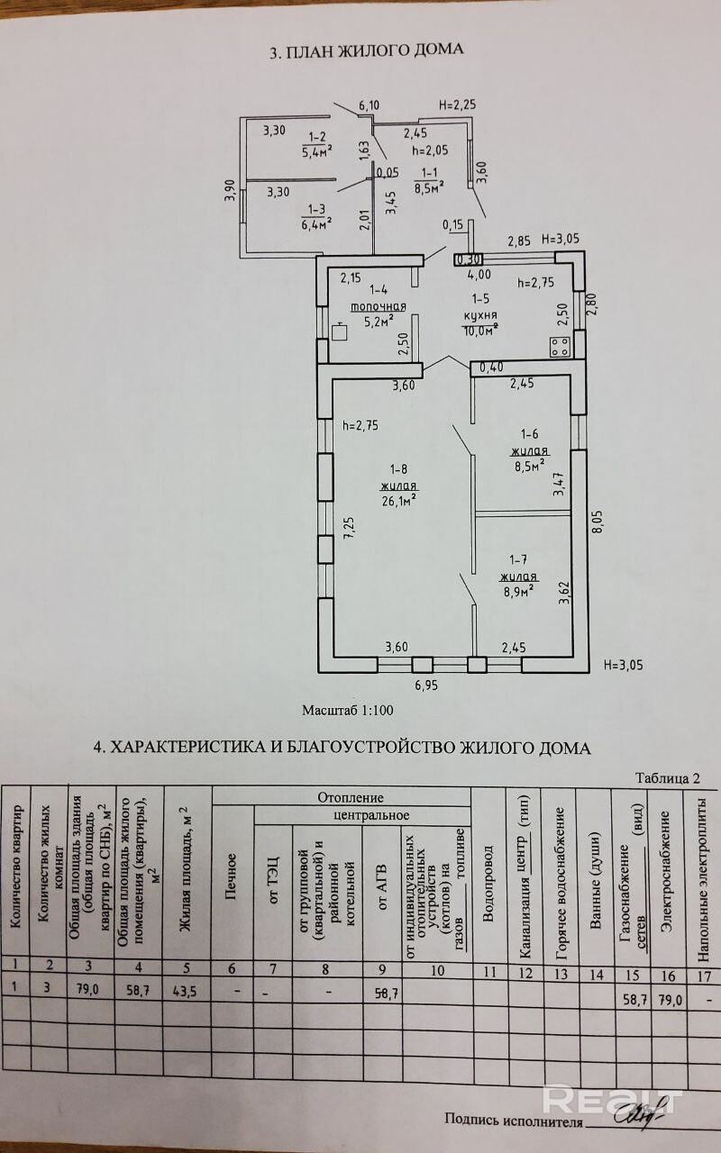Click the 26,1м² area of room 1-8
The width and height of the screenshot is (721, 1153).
coord(397,497)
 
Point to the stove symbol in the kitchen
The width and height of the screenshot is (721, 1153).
coord(559,345)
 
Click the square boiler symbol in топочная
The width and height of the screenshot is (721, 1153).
coord(339,331)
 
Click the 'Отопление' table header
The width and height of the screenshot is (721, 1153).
coord(351,797)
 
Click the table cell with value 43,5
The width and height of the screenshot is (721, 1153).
coord(186,989)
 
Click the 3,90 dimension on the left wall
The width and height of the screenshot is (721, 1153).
coord(230,191)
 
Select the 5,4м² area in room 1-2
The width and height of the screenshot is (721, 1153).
coord(317,150)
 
